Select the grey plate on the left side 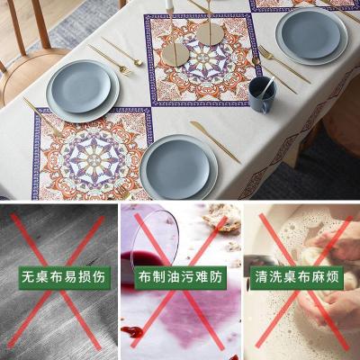click(x=82, y=88)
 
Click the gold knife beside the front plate click(x=215, y=142)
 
